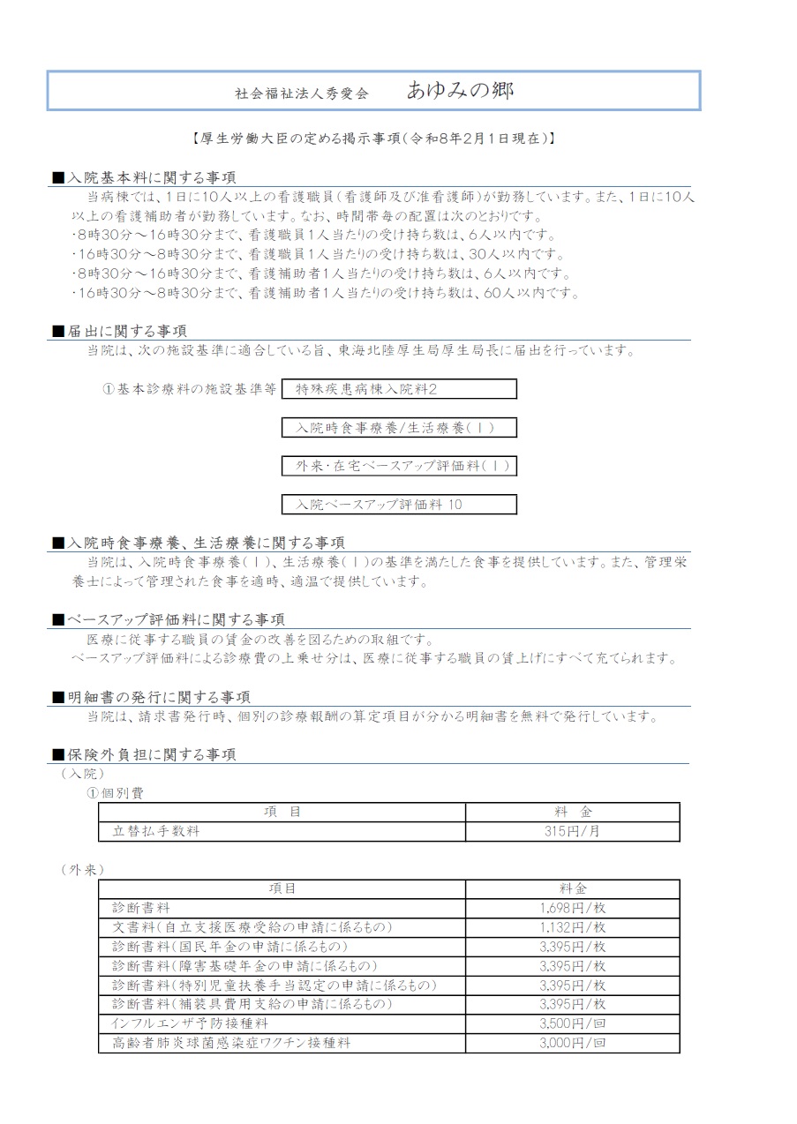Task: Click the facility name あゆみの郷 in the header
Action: click(460, 90)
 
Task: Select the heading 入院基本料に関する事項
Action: click(152, 178)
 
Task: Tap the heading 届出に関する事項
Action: click(127, 332)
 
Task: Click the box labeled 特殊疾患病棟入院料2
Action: click(399, 389)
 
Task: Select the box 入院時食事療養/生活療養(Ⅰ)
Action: click(399, 428)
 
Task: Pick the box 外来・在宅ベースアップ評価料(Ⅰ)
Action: click(399, 466)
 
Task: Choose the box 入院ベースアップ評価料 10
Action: click(399, 505)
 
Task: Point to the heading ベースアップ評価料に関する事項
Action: click(177, 619)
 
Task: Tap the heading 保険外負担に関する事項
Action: click(152, 755)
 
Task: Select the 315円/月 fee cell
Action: click(572, 831)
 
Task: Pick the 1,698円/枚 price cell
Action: click(572, 908)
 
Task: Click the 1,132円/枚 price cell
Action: click(572, 927)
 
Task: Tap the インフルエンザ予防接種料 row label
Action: click(190, 1023)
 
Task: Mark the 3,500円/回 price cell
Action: click(572, 1023)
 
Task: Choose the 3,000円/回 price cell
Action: click(572, 1043)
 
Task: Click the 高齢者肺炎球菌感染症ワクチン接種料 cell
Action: click(232, 1043)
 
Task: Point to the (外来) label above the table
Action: click(84, 870)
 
